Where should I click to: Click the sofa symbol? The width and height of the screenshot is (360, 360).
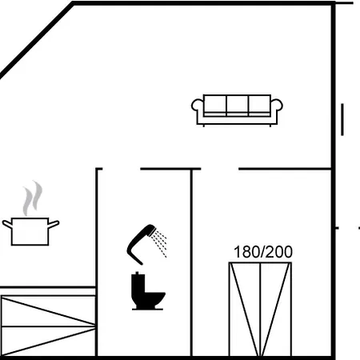237,110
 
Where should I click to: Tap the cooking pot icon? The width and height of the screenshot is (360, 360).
30,231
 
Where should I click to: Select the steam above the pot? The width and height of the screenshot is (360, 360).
33,198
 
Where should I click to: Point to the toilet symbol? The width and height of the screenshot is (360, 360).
148,291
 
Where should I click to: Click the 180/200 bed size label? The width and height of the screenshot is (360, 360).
263,252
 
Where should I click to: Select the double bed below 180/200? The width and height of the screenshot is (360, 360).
260,310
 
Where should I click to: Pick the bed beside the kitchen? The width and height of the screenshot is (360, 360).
48,326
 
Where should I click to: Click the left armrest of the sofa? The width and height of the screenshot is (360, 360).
198,111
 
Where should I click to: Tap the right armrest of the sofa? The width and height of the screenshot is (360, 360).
277,111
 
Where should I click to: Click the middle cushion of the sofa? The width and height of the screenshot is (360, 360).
238,105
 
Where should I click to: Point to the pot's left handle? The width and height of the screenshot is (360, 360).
7,224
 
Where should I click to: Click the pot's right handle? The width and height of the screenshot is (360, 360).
54,224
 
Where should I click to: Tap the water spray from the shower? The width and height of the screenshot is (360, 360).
159,243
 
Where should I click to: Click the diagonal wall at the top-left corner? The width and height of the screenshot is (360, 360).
37,40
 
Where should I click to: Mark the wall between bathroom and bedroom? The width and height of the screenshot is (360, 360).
191,262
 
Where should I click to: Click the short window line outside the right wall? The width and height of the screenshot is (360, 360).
342,120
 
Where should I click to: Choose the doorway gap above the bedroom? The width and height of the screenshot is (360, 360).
219,169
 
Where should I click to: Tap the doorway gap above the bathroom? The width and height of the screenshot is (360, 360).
122,169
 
